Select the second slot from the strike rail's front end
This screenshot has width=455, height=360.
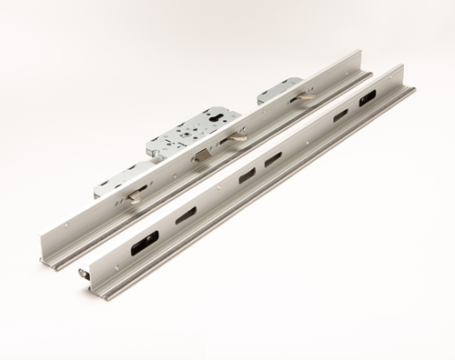pyautogui.click(x=187, y=215)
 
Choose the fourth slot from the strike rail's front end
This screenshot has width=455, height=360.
pyautogui.click(x=273, y=159)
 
